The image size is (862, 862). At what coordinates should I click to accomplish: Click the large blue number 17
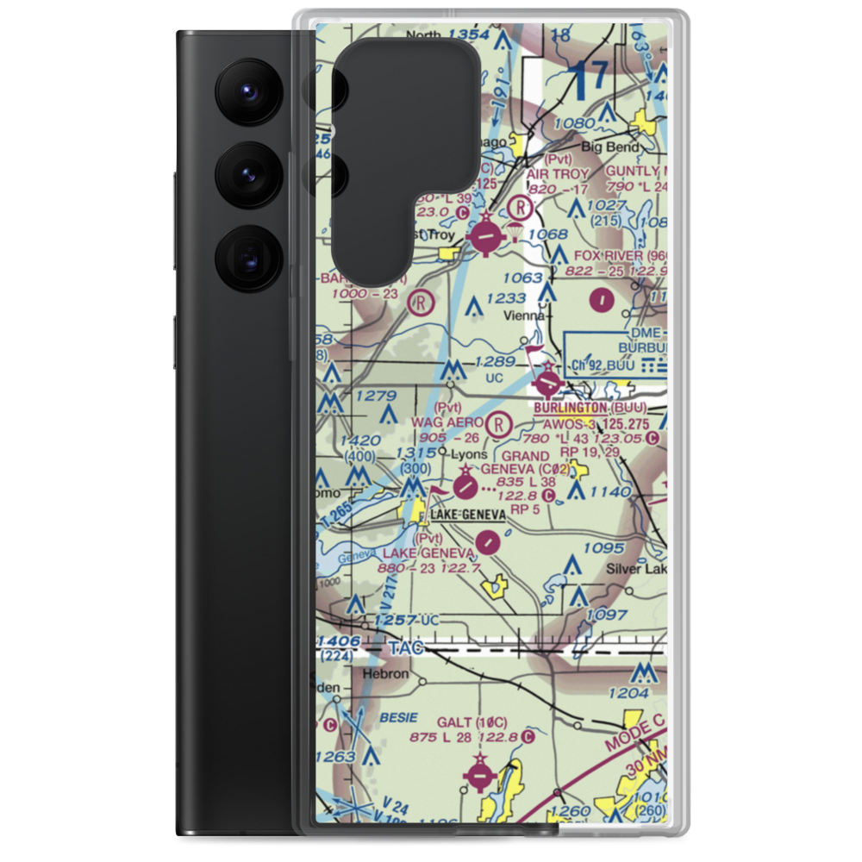click(591, 78)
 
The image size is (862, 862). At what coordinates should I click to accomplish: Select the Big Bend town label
click(610, 147)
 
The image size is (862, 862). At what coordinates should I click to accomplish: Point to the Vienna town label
click(523, 316)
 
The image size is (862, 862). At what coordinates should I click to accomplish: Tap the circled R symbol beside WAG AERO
click(498, 423)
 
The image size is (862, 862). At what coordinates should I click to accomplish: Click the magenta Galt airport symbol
click(479, 772)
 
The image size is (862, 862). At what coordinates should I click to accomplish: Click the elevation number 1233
click(505, 298)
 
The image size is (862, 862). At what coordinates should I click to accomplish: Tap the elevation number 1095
click(603, 548)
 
